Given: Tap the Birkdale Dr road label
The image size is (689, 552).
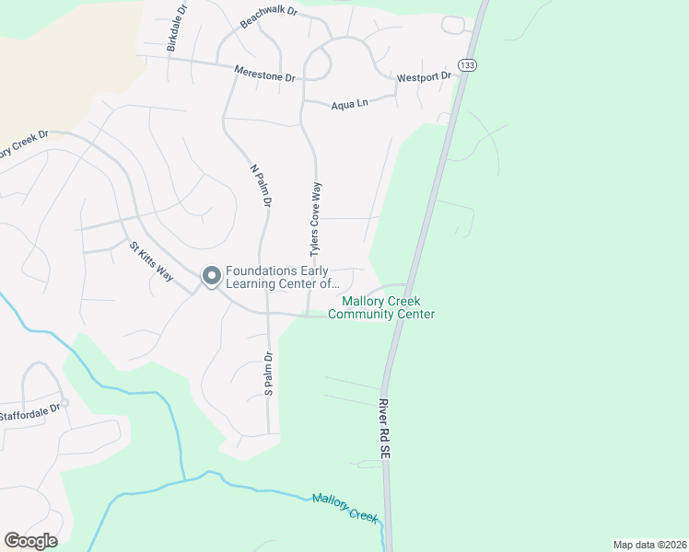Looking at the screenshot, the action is (x=177, y=27).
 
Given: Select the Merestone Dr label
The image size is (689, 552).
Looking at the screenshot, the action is (x=264, y=73).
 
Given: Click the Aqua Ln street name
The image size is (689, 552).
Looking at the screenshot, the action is (x=349, y=104).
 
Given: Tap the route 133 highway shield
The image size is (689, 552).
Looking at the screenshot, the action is (x=468, y=65).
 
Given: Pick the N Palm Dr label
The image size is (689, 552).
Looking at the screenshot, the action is (x=261, y=184).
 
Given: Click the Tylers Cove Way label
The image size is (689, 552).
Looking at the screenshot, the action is (x=316, y=218).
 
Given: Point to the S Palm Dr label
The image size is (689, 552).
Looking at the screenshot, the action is (x=269, y=374).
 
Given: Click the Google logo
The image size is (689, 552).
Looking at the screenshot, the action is (x=30, y=541).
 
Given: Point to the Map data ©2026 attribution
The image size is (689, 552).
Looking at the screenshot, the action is (x=649, y=545).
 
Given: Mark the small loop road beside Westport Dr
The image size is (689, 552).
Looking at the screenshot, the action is (x=453, y=24).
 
